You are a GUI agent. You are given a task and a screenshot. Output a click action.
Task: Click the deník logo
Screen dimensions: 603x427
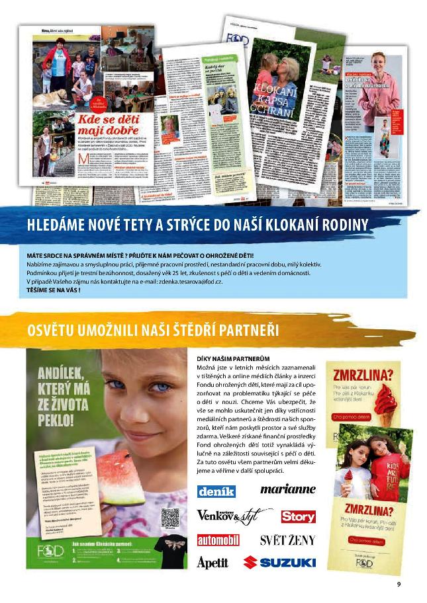pyautogui.click(x=216, y=491)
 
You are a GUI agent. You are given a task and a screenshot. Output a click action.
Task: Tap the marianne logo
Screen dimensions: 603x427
pyautogui.click(x=287, y=490)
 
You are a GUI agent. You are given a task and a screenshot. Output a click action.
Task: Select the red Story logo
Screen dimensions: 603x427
pyautogui.click(x=297, y=516)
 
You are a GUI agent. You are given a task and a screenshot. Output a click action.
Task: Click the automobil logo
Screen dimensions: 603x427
pyautogui.click(x=218, y=540)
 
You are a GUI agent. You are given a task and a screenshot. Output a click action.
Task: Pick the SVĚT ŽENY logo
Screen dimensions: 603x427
pyautogui.click(x=287, y=540)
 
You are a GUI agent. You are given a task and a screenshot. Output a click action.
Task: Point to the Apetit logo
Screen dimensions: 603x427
pyautogui.click(x=213, y=563)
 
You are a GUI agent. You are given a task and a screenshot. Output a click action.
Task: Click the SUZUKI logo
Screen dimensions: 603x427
pyautogui.click(x=279, y=563)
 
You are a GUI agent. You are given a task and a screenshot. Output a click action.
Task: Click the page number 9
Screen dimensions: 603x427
pyautogui.click(x=399, y=584)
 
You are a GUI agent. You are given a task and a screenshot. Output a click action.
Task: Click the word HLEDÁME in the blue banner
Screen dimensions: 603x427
pyautogui.click(x=56, y=225)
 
